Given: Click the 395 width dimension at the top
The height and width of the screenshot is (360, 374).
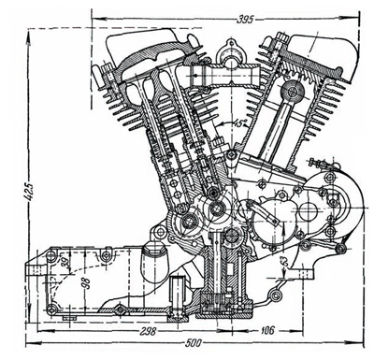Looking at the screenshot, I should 245,18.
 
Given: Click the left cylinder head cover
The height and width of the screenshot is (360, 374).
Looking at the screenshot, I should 140,42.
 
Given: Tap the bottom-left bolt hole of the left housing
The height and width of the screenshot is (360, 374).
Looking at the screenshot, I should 52,308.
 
